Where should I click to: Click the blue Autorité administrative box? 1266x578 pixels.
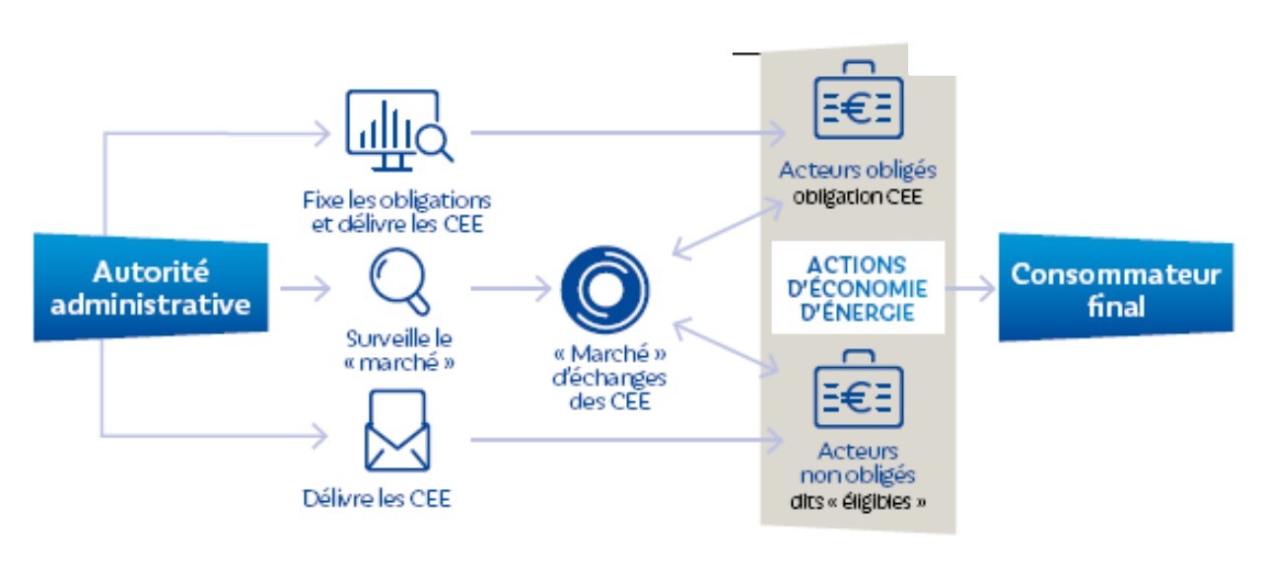[151, 287]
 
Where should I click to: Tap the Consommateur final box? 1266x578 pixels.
[1115, 289]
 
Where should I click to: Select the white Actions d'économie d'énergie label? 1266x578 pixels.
[858, 288]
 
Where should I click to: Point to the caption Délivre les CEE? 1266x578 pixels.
[377, 498]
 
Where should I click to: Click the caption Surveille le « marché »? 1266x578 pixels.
[398, 351]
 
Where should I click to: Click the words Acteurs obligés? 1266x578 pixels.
[857, 170]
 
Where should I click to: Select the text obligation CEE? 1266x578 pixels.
[857, 195]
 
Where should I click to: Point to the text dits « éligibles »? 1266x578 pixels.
[858, 500]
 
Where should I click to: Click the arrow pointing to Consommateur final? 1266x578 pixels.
[970, 289]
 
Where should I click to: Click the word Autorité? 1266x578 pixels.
[151, 271]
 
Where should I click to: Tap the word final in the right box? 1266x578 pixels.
[1116, 306]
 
